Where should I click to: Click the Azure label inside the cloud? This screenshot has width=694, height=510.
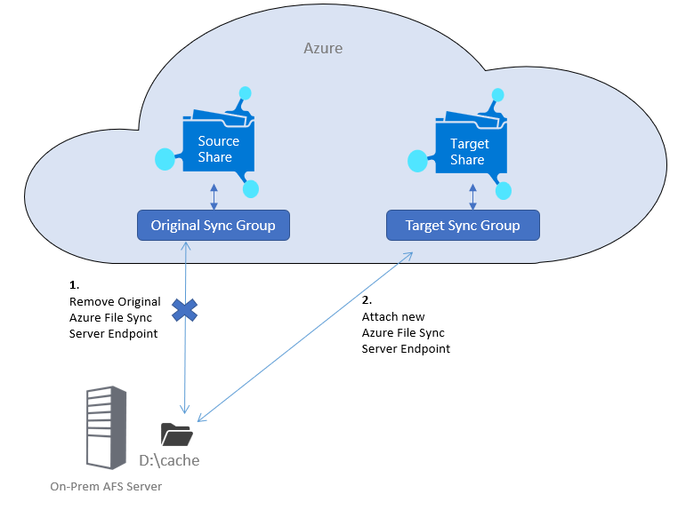[323, 48]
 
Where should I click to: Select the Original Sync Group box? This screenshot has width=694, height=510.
[213, 226]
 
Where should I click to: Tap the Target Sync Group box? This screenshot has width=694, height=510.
[463, 226]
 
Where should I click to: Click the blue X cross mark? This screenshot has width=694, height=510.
[184, 309]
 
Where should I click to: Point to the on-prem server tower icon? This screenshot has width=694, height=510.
[104, 427]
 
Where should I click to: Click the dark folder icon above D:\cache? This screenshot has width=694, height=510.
[176, 434]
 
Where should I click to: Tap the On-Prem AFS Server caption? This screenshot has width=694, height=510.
[106, 487]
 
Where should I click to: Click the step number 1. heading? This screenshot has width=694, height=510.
[74, 286]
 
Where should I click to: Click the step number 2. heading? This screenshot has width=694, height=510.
[367, 301]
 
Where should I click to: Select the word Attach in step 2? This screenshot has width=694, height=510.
[380, 317]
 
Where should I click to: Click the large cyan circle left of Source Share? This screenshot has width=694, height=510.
[164, 159]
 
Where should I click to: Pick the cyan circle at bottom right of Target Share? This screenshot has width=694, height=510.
[504, 190]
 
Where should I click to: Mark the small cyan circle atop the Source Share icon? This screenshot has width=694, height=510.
[245, 92]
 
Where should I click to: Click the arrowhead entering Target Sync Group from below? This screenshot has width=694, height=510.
[408, 254]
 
